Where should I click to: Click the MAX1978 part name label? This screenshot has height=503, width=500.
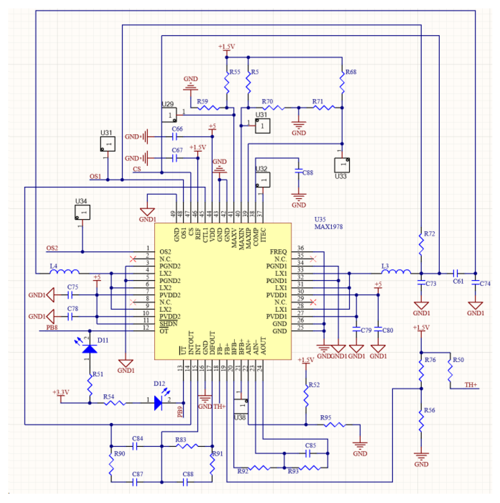tap(328, 227)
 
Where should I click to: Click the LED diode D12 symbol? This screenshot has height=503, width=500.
tap(158, 403)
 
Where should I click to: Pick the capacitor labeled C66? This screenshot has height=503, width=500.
tap(175, 136)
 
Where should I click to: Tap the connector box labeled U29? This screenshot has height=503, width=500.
tap(169, 115)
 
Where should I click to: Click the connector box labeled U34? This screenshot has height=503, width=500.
tap(82, 212)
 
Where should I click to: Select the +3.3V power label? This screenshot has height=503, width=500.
tap(61, 392)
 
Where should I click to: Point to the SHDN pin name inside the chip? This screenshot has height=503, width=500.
tap(168, 324)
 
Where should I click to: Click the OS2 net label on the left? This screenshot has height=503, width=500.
tap(52, 248)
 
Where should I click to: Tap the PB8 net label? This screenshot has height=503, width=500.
tap(52, 327)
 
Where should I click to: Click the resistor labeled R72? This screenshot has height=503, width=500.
tap(421, 245)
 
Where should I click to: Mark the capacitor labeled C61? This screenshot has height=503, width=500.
tap(455, 273)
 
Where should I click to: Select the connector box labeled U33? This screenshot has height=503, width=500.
tap(342, 165)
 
